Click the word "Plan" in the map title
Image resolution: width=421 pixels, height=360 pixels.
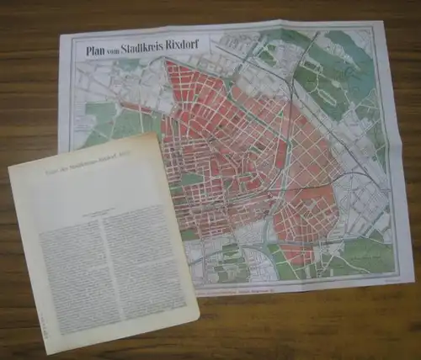(x=97, y=48)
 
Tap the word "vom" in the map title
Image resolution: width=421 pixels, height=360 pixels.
(x=122, y=48)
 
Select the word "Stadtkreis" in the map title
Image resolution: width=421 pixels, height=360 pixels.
(x=159, y=47)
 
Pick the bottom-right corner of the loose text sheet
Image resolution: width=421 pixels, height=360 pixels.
(x=200, y=320)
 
